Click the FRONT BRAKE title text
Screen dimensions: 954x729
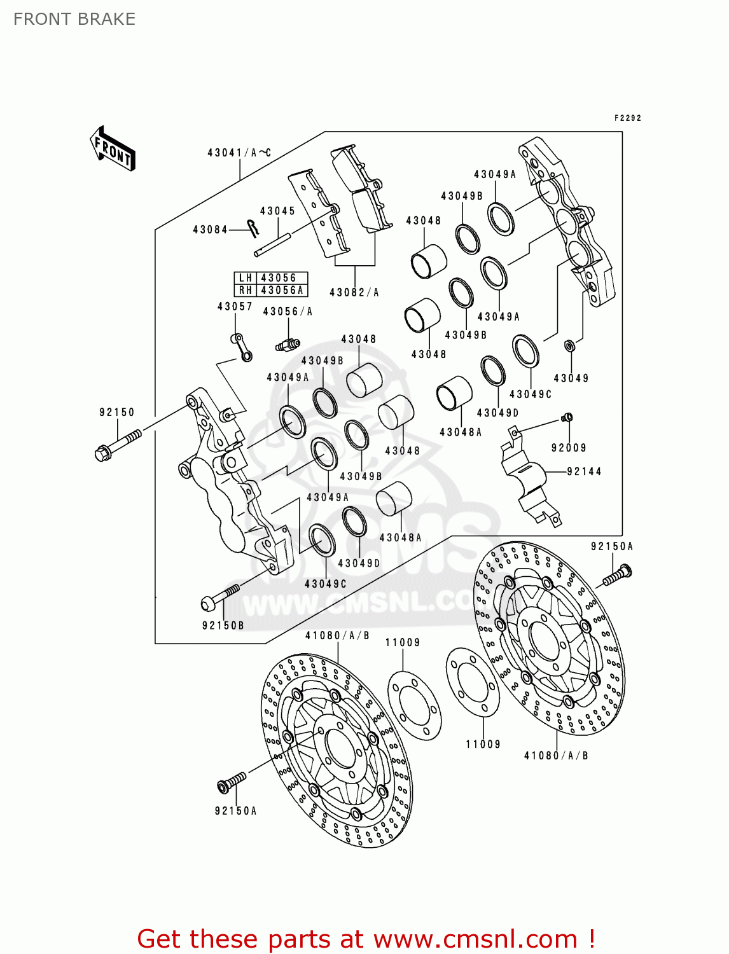(x=74, y=19)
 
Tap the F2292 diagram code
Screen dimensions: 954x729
(x=627, y=118)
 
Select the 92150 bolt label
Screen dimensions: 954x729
(x=117, y=412)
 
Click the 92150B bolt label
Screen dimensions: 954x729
(x=223, y=625)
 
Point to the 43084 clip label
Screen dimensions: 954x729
(x=210, y=230)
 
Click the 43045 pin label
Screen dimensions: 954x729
(x=277, y=211)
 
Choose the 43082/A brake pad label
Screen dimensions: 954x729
(x=354, y=293)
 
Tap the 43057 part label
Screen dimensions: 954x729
(x=235, y=307)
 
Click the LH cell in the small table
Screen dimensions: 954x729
(x=246, y=278)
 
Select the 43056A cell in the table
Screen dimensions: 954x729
(x=282, y=290)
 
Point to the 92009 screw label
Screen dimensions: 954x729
(x=569, y=448)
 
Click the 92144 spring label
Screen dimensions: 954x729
(x=584, y=471)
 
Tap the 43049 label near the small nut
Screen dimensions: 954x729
(x=571, y=378)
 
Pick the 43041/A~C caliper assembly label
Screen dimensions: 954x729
(x=239, y=153)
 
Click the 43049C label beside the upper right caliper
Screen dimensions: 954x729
(x=531, y=394)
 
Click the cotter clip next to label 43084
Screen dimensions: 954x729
(x=254, y=226)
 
